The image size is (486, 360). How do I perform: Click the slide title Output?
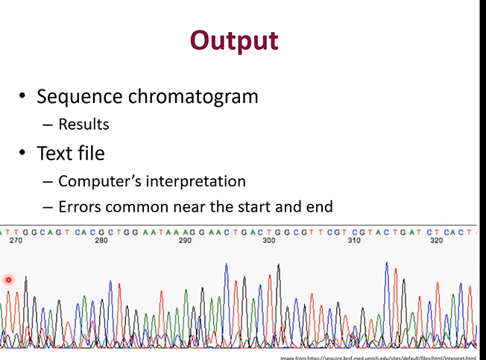pos(233,40)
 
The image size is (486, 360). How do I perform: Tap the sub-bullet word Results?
pos(83,124)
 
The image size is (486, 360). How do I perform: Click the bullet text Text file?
pos(70,153)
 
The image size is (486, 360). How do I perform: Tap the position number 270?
pos(16,241)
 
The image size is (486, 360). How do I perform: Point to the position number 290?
pos(185,241)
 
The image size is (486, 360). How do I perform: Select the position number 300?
pos(269,241)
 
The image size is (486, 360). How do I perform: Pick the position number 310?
pos(354,241)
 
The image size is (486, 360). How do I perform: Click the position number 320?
pos(438,241)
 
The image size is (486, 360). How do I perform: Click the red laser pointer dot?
pos(9,280)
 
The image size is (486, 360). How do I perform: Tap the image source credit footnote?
pos(378,357)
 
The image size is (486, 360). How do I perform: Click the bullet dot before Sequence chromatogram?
pos(23,97)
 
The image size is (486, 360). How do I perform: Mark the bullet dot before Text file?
pos(23,154)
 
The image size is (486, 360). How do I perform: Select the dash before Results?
pos(48,124)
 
